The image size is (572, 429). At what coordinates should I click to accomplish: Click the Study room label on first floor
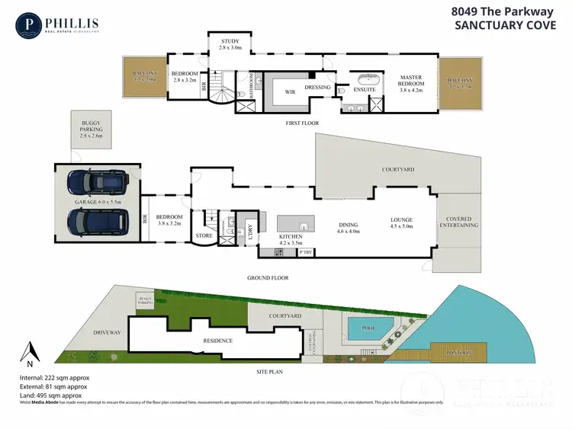point(230,43)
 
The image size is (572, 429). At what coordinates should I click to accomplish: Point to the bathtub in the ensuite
point(369,78)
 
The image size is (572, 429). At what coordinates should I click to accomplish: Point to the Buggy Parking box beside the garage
point(91,130)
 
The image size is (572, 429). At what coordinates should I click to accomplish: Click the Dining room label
point(347,229)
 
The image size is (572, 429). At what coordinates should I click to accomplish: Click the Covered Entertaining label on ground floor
point(458,222)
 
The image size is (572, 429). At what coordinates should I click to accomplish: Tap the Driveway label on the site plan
point(107,333)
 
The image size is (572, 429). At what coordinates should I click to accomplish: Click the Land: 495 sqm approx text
point(50,395)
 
